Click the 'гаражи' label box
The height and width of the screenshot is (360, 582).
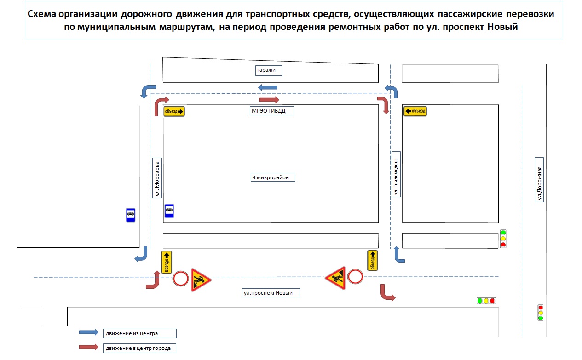tap(269, 70)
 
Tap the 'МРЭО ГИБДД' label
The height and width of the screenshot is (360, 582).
tap(272, 111)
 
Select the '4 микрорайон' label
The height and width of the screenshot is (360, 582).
tap(273, 177)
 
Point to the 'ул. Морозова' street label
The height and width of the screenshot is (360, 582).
tap(157, 178)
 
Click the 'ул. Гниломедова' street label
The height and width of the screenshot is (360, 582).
tap(396, 174)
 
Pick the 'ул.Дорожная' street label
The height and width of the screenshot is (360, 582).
tap(540, 179)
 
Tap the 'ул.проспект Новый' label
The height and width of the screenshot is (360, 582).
tap(271, 292)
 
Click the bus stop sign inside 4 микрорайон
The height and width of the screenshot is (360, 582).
tap(169, 211)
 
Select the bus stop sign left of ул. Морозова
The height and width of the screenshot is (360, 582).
tap(131, 215)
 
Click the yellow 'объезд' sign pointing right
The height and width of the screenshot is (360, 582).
tap(174, 111)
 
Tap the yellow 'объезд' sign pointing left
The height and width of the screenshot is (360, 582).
tap(415, 111)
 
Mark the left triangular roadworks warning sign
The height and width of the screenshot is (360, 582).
tap(200, 280)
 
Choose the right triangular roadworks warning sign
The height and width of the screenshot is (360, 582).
tap(336, 278)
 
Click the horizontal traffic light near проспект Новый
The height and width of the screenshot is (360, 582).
tap(486, 301)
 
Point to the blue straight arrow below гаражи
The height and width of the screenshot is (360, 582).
tap(268, 87)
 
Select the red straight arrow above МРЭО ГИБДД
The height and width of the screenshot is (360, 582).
tap(269, 100)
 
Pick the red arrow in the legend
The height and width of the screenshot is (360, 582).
tap(89, 347)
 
